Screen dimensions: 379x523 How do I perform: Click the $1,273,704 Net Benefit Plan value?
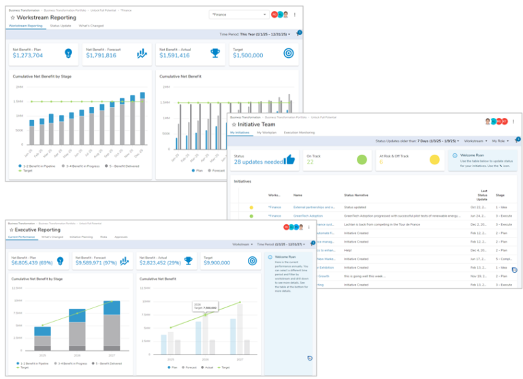point(32,56)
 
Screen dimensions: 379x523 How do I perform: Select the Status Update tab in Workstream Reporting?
point(60,25)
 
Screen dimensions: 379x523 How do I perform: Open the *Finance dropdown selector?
point(238,14)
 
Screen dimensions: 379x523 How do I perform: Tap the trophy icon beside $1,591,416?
point(215,53)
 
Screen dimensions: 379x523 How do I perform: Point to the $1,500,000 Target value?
point(249,56)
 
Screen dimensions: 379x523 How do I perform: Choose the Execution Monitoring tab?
point(299,132)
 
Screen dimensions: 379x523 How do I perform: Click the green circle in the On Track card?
point(362,160)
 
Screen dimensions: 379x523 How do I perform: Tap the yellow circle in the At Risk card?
point(434,160)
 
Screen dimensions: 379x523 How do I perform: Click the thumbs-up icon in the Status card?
point(289,160)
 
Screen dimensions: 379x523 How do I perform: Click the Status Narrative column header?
point(358,194)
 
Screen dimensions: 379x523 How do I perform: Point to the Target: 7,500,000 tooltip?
point(205,307)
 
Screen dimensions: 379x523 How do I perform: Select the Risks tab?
point(103,237)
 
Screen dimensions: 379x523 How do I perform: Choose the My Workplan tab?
point(266,132)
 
